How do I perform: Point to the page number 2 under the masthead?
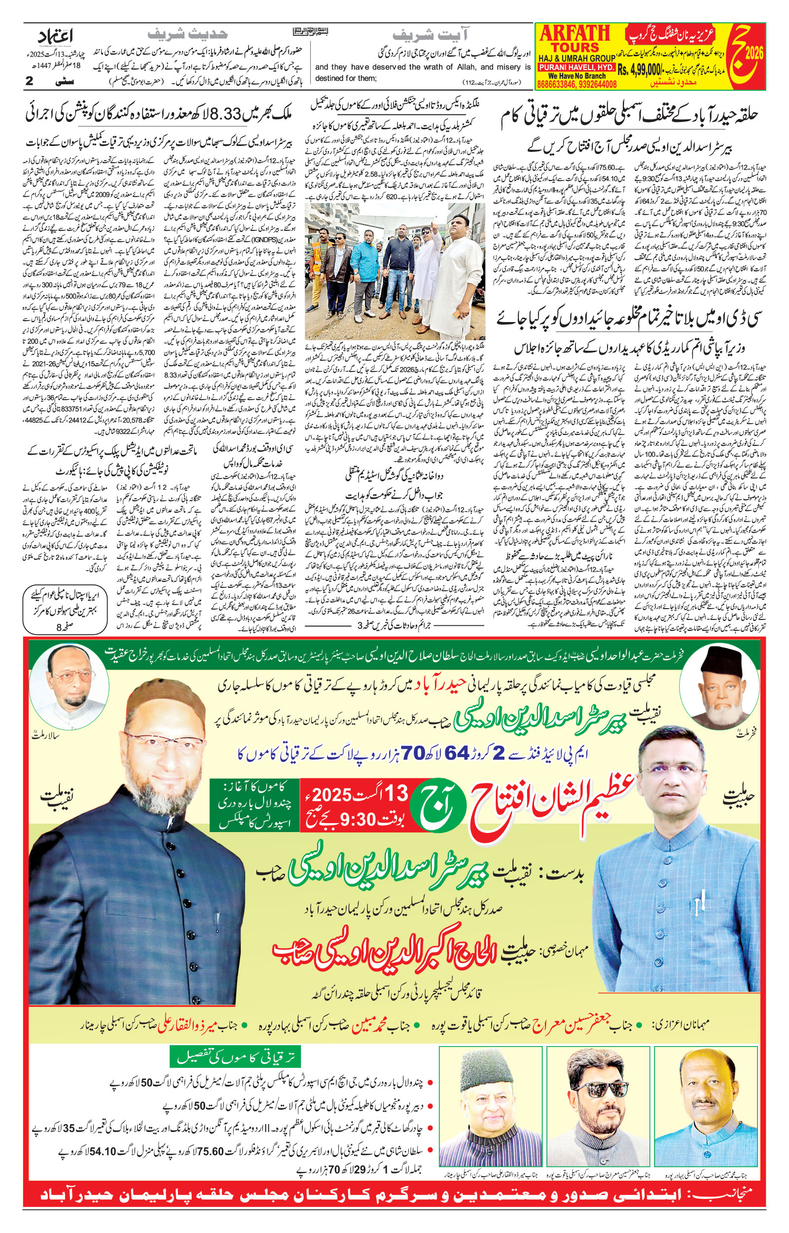[x=30, y=81]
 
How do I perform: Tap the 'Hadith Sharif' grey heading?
[x=187, y=34]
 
